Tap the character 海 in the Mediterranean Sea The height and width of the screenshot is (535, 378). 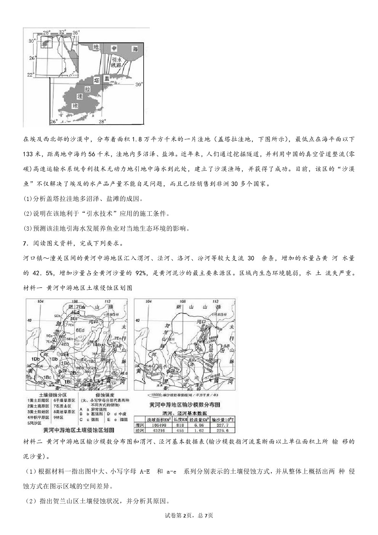click(135, 49)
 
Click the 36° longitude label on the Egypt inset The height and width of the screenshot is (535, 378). click(76, 33)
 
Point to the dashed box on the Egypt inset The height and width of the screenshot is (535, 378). click(46, 43)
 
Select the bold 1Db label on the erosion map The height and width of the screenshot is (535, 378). click(36, 359)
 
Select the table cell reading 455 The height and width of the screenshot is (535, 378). click(180, 430)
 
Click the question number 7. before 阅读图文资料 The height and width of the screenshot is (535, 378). click(26, 243)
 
